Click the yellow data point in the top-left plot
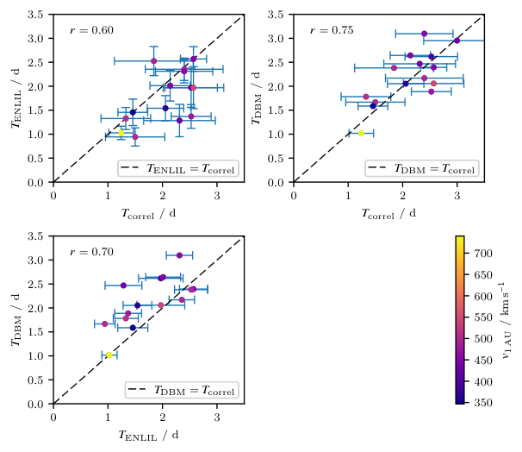[x=121, y=133]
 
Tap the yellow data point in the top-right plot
[x=361, y=134]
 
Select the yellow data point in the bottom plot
[x=109, y=355]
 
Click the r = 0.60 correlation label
[x=91, y=30]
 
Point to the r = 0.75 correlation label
[x=332, y=30]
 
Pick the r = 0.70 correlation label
[x=91, y=252]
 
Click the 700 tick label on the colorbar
[x=483, y=254]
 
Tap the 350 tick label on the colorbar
[x=483, y=403]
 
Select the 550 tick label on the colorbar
[x=483, y=317]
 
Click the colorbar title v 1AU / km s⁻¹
[x=507, y=320]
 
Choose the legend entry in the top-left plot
[x=178, y=168]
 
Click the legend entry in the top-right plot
[x=422, y=168]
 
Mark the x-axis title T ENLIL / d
[x=148, y=435]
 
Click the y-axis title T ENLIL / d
[x=16, y=98]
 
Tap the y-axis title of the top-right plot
[x=256, y=98]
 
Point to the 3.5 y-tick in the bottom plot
[x=35, y=236]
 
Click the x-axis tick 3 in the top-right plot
[x=457, y=196]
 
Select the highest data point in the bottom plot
[x=179, y=255]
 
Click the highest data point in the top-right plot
[x=424, y=34]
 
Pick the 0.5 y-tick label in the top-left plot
[x=35, y=159]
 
